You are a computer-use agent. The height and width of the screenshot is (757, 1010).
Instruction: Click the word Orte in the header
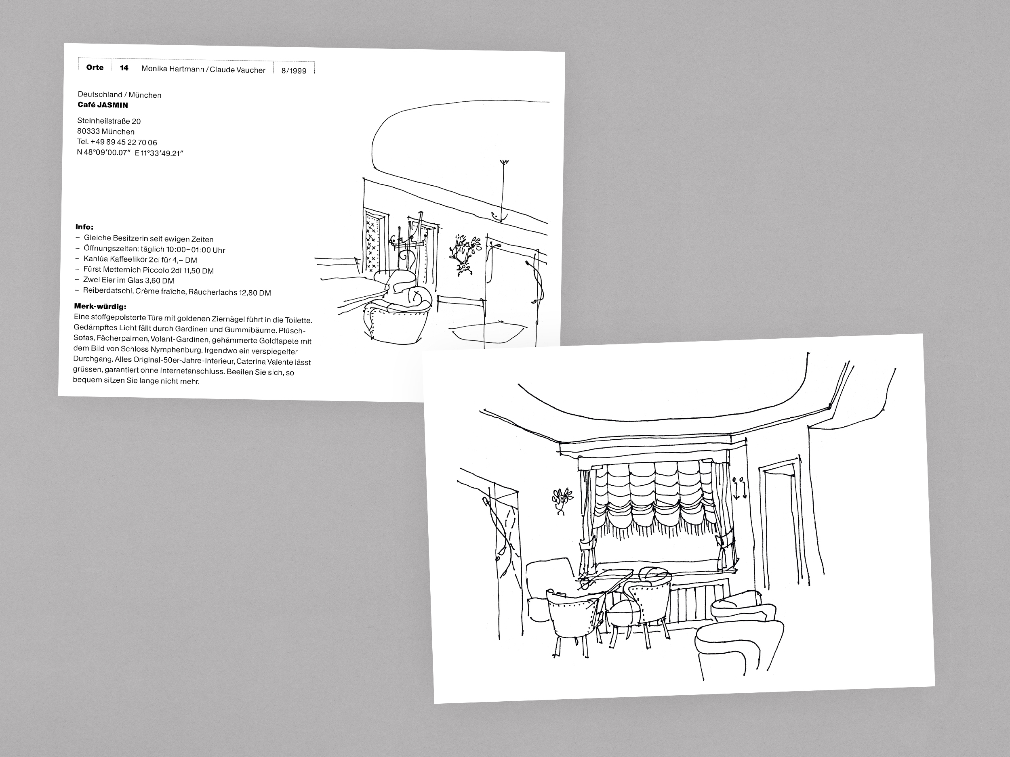point(95,67)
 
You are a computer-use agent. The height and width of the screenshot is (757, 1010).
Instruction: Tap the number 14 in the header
point(124,68)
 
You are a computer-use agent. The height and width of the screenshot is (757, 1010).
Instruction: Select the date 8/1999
point(294,71)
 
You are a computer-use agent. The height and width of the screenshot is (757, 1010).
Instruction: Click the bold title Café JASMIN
point(103,105)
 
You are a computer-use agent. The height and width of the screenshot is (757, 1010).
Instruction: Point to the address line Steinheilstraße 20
point(109,122)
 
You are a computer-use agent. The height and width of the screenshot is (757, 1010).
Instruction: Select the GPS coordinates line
point(130,153)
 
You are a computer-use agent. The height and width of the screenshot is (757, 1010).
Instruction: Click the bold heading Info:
point(84,227)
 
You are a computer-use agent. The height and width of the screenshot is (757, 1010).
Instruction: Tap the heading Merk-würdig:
point(100,306)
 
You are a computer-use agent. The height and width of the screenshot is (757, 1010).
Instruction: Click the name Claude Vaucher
point(238,70)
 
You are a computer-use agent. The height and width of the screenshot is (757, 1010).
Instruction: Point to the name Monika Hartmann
point(173,69)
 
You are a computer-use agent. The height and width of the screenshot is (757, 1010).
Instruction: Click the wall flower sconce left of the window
point(561,501)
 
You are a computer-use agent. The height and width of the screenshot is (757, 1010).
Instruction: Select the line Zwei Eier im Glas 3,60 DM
point(128,281)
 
